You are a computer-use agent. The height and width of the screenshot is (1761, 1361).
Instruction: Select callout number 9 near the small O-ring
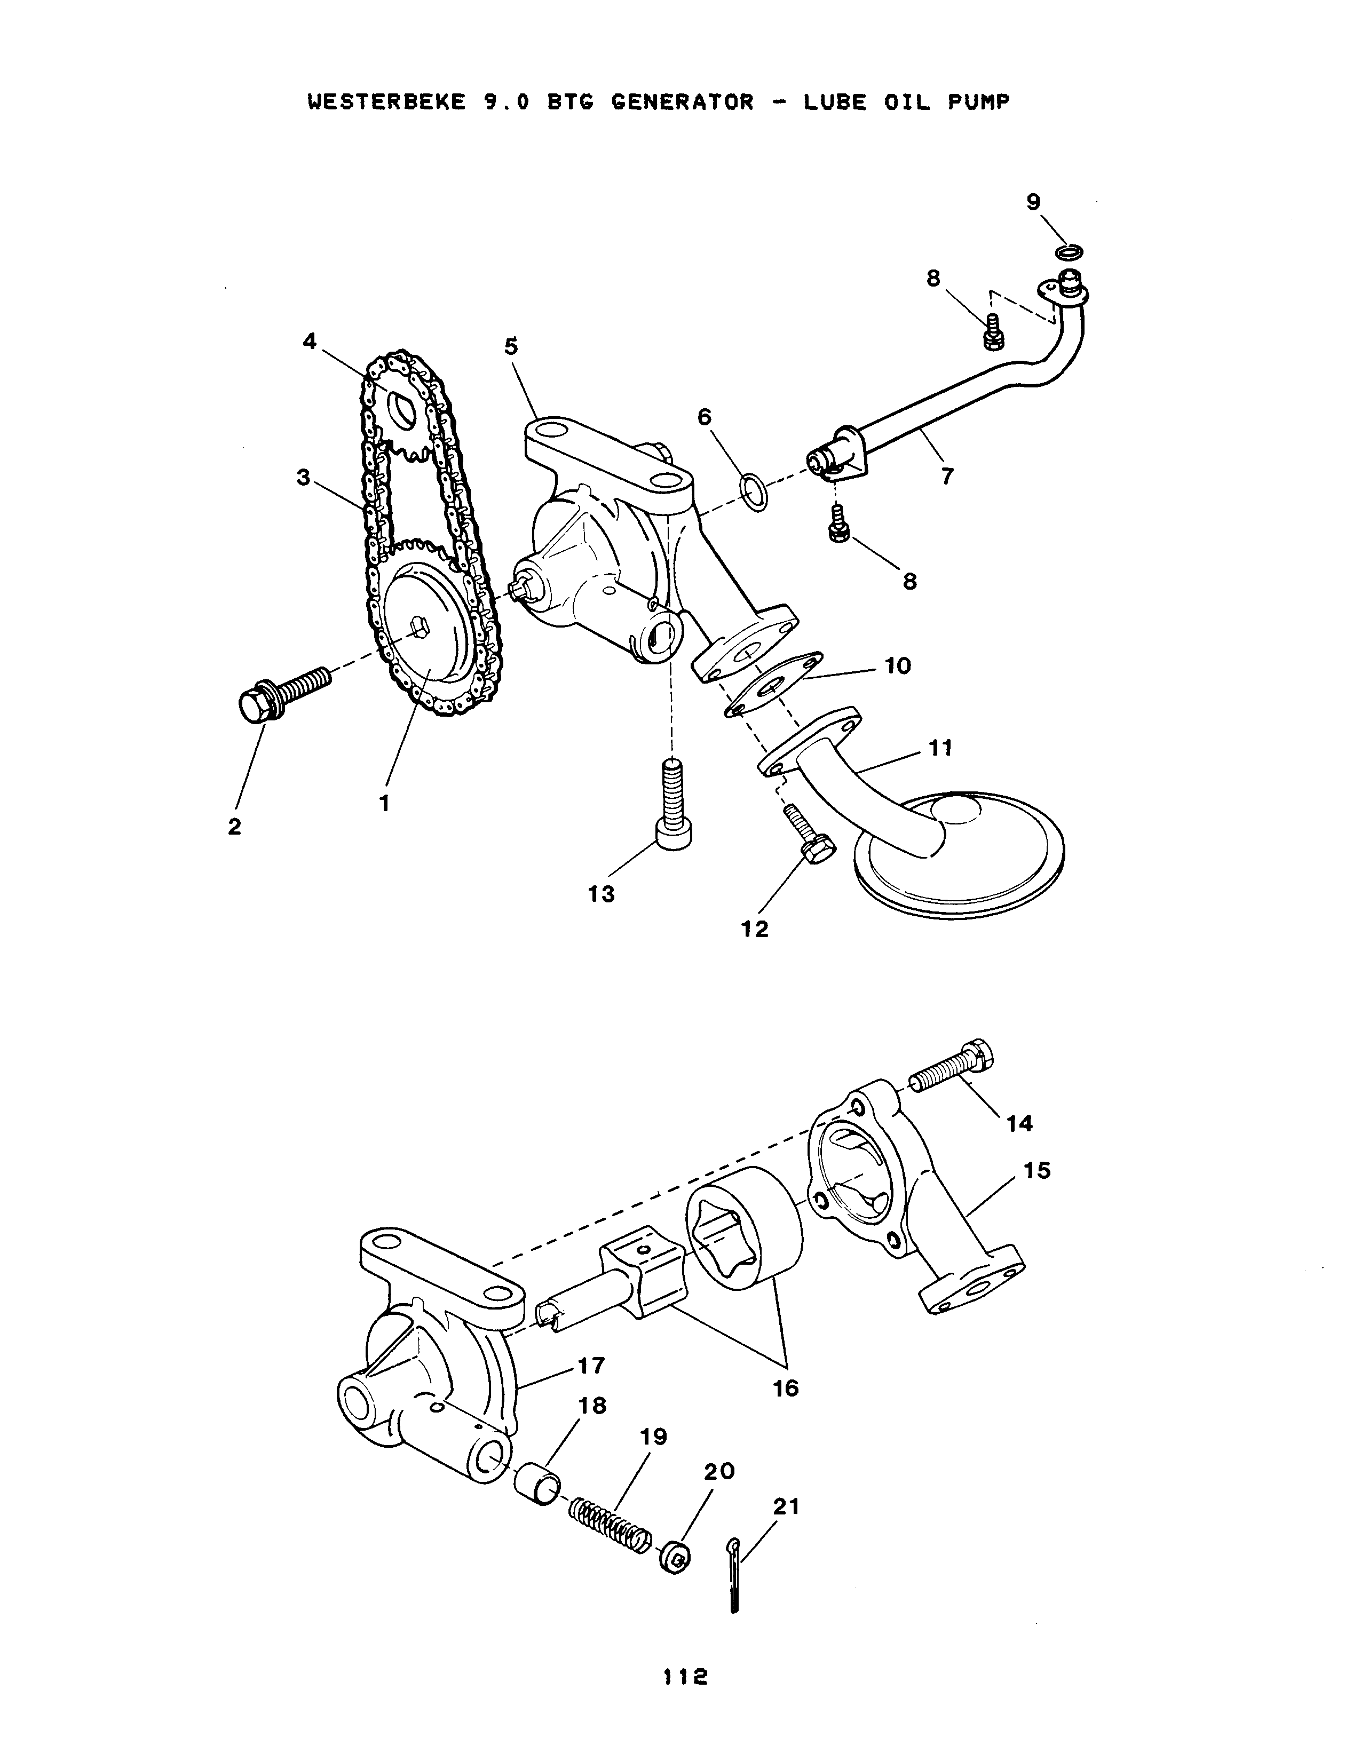click(x=1034, y=202)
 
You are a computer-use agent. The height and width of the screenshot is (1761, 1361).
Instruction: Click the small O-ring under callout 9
click(x=1069, y=252)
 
